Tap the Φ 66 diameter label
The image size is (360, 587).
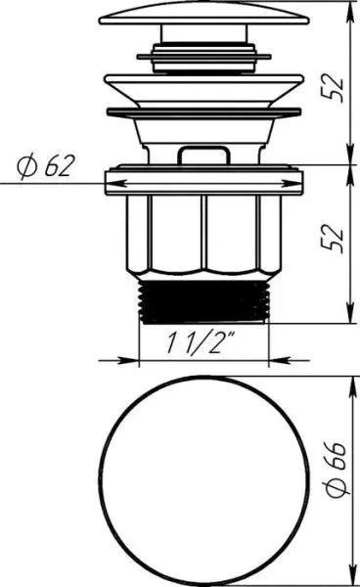click(x=337, y=469)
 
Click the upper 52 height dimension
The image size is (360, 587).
click(x=333, y=88)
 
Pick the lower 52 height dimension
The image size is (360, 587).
click(x=333, y=240)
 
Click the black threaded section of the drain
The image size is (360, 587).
click(x=204, y=301)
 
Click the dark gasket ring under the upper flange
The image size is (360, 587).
click(x=203, y=112)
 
